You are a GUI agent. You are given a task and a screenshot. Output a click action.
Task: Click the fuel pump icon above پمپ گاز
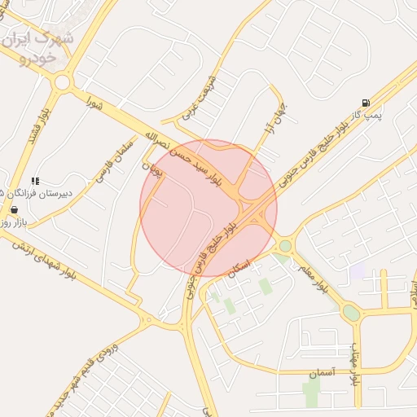(x=367, y=103)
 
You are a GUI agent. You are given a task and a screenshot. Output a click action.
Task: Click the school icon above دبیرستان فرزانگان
(x=35, y=181)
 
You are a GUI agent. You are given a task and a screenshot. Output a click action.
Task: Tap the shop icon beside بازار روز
(x=14, y=209)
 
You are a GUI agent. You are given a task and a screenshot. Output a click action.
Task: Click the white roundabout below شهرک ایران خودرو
(x=62, y=82)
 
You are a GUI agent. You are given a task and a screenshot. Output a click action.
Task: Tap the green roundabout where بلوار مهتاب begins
(x=351, y=313)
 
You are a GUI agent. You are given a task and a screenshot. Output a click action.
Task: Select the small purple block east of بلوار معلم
(x=357, y=271)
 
